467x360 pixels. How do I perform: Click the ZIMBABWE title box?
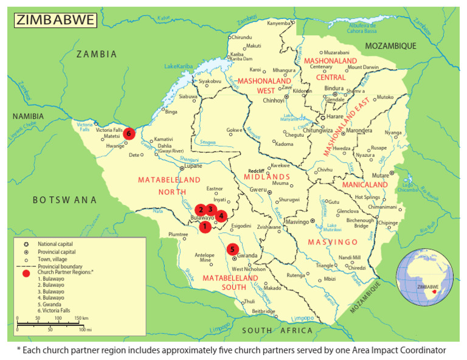(55, 20)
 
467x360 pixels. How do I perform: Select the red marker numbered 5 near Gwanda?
(232, 249)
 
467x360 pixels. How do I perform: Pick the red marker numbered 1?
(205, 226)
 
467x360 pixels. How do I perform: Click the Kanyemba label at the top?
(279, 23)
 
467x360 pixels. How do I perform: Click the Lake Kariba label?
(178, 66)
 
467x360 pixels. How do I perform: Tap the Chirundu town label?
(242, 38)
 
